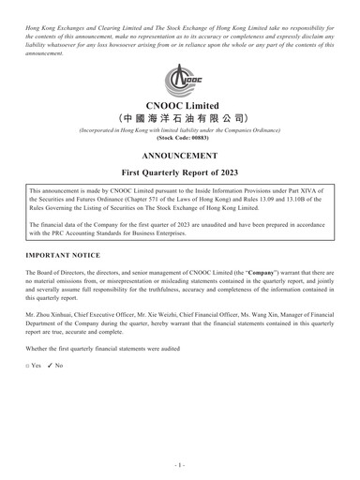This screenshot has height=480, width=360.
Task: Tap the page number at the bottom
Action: click(180, 463)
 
